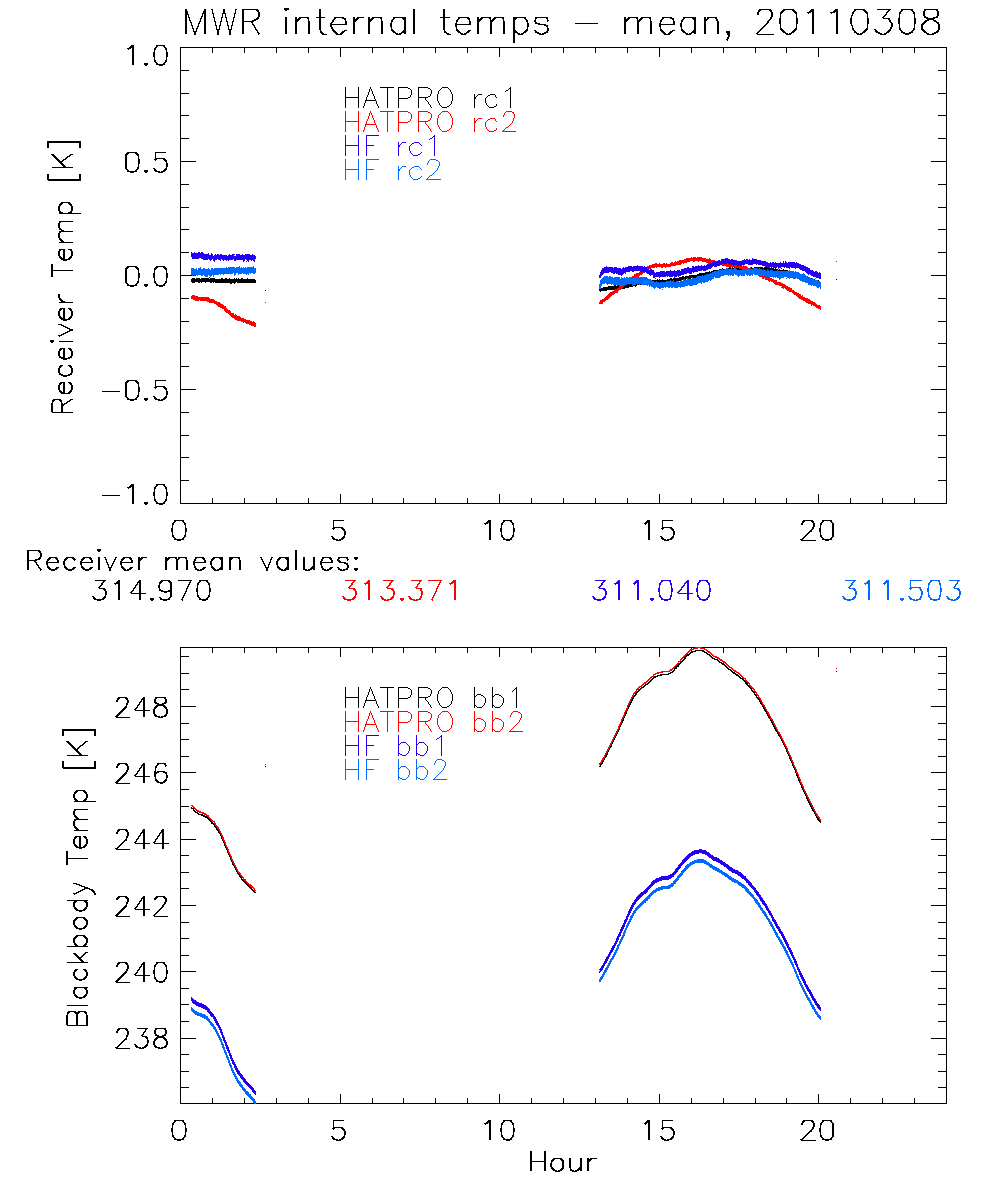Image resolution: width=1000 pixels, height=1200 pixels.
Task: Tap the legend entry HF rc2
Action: pyautogui.click(x=391, y=170)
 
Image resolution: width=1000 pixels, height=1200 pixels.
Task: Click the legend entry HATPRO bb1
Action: pyautogui.click(x=432, y=696)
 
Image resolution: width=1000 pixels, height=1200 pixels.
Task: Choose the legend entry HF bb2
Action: pyautogui.click(x=395, y=769)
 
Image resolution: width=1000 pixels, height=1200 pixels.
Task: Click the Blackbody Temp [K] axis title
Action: pyautogui.click(x=79, y=876)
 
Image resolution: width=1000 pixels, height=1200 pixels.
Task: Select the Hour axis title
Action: pyautogui.click(x=562, y=1162)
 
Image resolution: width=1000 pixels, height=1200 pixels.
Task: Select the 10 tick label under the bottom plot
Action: pyautogui.click(x=499, y=1134)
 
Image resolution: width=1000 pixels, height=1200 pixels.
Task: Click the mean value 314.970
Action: pyautogui.click(x=151, y=591)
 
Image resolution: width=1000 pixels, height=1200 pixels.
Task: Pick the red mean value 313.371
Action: pyautogui.click(x=401, y=591)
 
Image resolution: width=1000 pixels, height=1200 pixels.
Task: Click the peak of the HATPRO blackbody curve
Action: pyautogui.click(x=699, y=650)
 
